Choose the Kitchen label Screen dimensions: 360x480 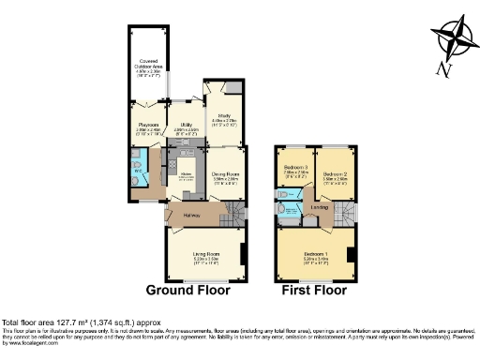click(x=187, y=174)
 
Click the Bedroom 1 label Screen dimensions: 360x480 click(x=315, y=254)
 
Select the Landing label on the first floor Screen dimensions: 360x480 click(x=320, y=207)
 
